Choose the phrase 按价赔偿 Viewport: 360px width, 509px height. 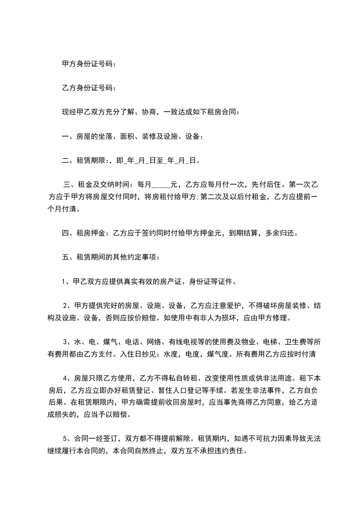pos(145,317)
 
